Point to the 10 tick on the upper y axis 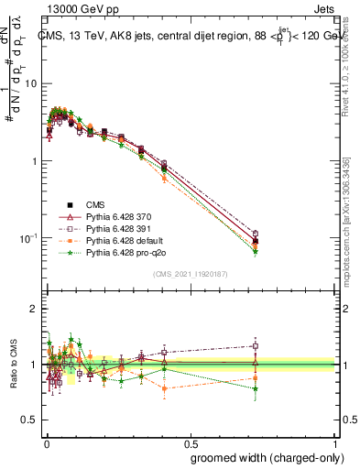pyautogui.click(x=31, y=83)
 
